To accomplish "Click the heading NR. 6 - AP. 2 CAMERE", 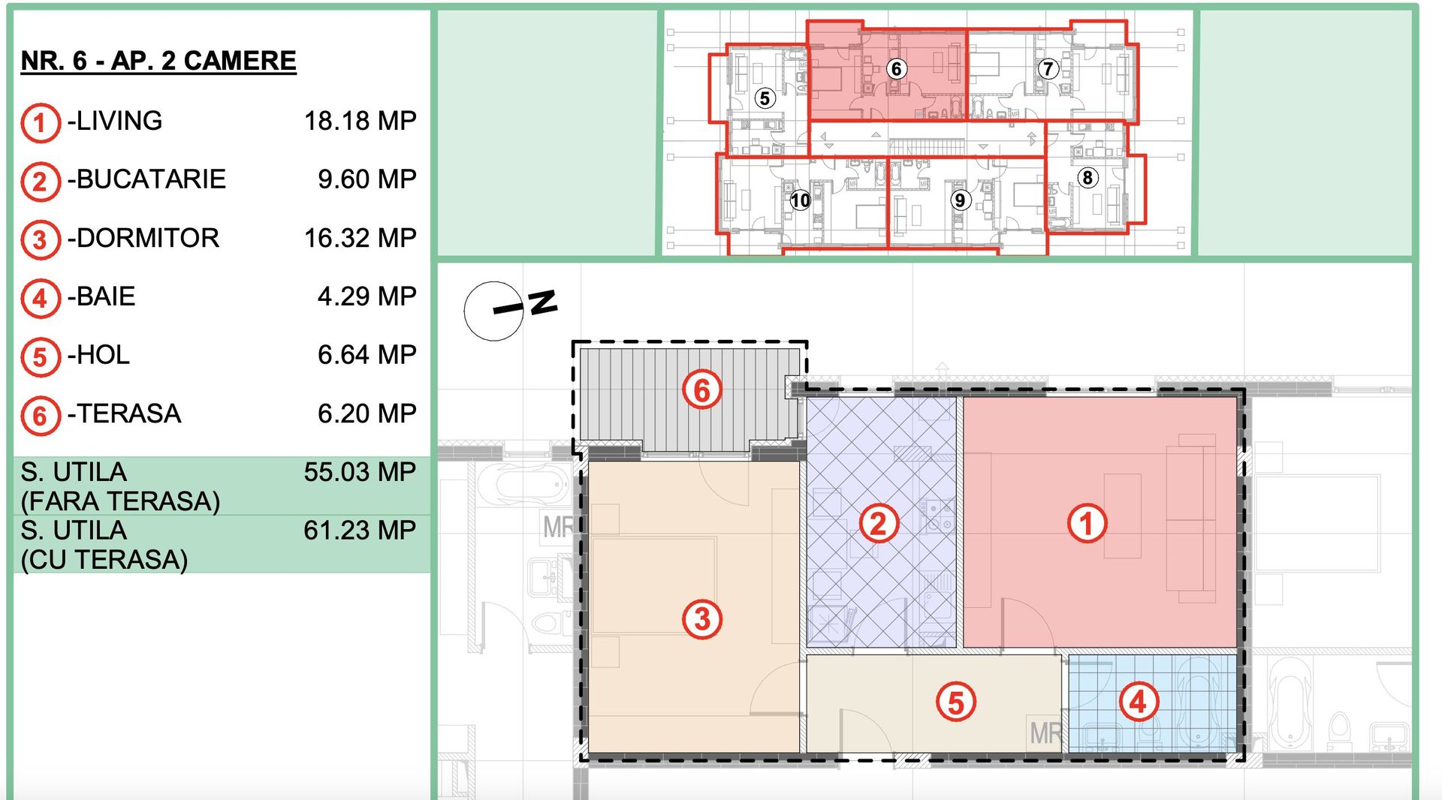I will click(x=158, y=61).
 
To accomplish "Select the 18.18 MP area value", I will click(x=360, y=121).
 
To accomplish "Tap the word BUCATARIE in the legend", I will click(x=151, y=179).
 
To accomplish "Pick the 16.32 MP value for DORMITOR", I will click(x=360, y=238).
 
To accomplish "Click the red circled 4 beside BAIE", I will click(x=40, y=298).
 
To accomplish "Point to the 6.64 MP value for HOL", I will click(x=367, y=355).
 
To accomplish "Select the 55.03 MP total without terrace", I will click(x=360, y=472).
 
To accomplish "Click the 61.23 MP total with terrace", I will click(x=360, y=531).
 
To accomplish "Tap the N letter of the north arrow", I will click(x=543, y=302).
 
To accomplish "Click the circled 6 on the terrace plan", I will click(x=701, y=389).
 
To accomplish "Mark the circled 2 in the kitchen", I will click(x=878, y=523).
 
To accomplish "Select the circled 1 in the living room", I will click(x=1087, y=523).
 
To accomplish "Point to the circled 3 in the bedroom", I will click(x=701, y=619).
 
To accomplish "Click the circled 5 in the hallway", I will click(x=955, y=702).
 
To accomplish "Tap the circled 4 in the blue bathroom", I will click(x=1139, y=702).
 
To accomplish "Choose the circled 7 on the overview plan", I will click(x=1048, y=69).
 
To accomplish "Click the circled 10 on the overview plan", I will click(x=800, y=200).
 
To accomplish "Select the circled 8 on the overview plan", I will click(x=1087, y=178).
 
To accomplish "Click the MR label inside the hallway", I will click(x=1045, y=732).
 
